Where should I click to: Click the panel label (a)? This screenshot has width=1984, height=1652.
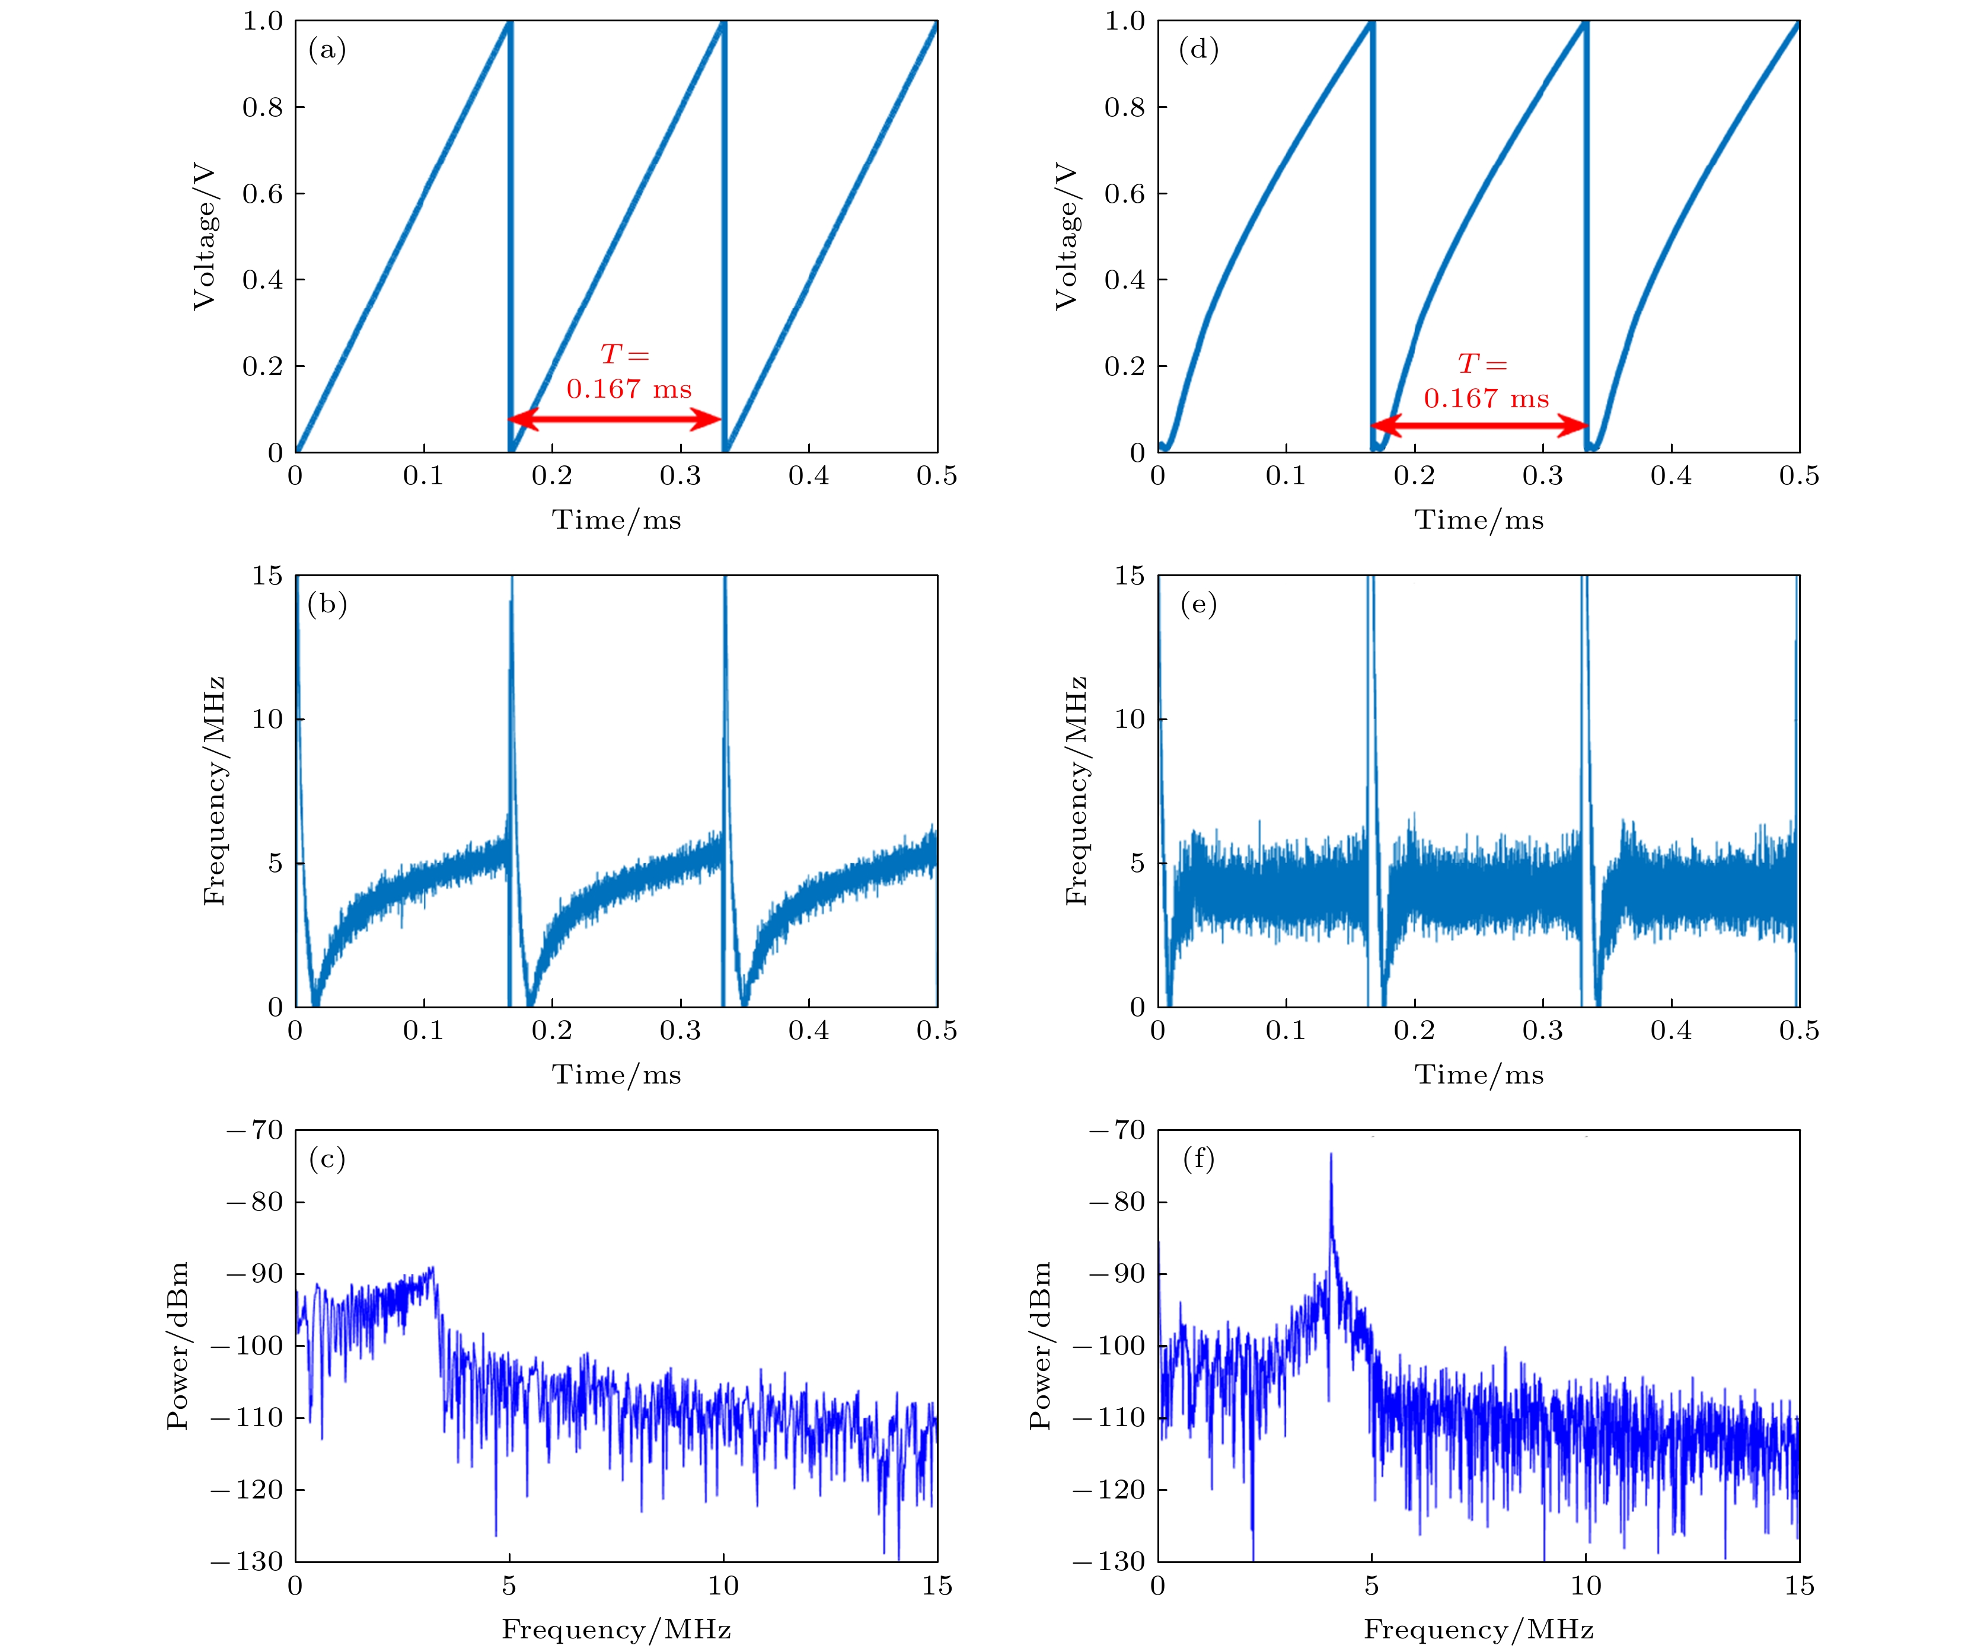pyautogui.click(x=327, y=49)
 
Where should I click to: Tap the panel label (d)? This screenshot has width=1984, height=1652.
pyautogui.click(x=1198, y=49)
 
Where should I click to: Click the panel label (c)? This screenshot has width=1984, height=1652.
pyautogui.click(x=327, y=1158)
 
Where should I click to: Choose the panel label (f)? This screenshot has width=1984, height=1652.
pyautogui.click(x=1198, y=1158)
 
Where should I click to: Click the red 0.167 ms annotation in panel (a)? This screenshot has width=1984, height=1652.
pyautogui.click(x=629, y=389)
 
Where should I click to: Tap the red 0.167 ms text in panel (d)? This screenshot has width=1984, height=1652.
pyautogui.click(x=1485, y=398)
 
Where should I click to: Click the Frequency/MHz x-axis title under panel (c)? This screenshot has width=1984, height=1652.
pyautogui.click(x=616, y=1629)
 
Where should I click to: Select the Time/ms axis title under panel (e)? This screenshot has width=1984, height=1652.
pyautogui.click(x=1479, y=1075)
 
